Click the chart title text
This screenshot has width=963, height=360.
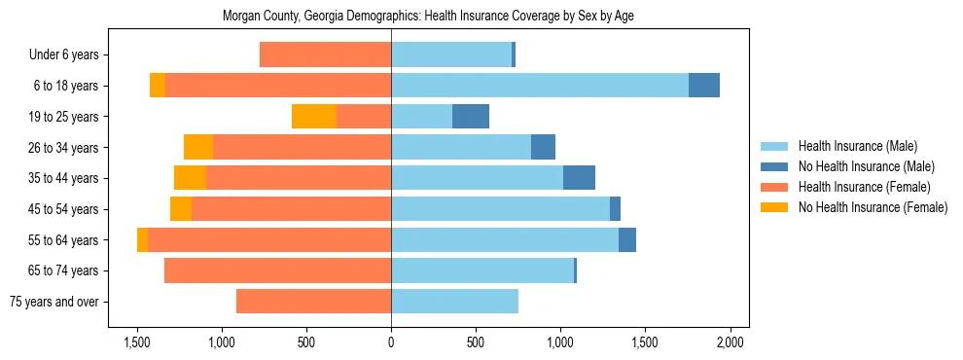click(428, 17)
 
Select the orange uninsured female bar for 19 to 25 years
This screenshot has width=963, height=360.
click(314, 117)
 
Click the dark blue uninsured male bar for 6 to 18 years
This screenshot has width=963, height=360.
click(704, 86)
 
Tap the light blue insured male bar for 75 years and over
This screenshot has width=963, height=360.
click(454, 302)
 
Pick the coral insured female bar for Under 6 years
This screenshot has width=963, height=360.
click(325, 54)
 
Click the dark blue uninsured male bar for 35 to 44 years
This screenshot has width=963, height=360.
click(579, 178)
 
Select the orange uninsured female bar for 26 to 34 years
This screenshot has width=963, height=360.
click(198, 147)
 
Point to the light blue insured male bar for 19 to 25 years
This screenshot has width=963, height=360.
click(422, 117)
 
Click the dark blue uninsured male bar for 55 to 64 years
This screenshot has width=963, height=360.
click(627, 239)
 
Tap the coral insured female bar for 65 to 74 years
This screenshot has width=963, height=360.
click(277, 270)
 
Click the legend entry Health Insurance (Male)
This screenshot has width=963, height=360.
click(857, 146)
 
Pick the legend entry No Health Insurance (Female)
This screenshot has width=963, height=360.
click(873, 207)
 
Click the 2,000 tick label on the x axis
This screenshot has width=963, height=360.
click(730, 342)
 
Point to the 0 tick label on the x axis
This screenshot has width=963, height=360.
click(391, 342)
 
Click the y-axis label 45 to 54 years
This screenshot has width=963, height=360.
click(65, 209)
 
